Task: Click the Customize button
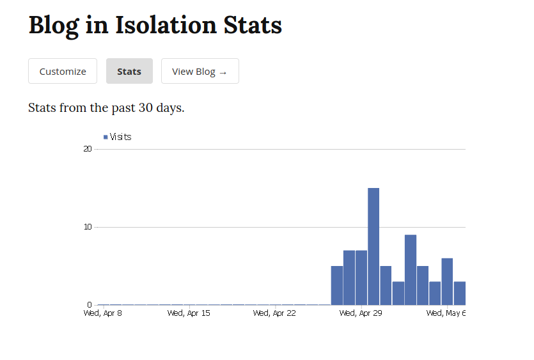click(x=63, y=71)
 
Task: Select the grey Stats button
click(x=129, y=71)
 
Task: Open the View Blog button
click(x=200, y=71)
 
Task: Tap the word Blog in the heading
click(x=54, y=25)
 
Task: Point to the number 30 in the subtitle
click(x=146, y=107)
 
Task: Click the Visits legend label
click(x=120, y=137)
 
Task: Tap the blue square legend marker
click(x=106, y=137)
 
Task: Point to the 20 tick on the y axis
click(x=88, y=149)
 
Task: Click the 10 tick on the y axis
click(x=88, y=227)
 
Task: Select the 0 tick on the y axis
click(x=90, y=304)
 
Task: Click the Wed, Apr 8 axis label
click(x=102, y=313)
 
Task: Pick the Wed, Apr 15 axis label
click(x=189, y=313)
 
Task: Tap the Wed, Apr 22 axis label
click(x=274, y=313)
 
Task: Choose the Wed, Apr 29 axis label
click(x=361, y=313)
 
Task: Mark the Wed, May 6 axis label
click(x=446, y=313)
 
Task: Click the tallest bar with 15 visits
click(x=373, y=246)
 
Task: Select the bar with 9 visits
click(x=411, y=270)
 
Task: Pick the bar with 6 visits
click(x=447, y=281)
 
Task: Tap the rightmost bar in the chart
click(x=460, y=293)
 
